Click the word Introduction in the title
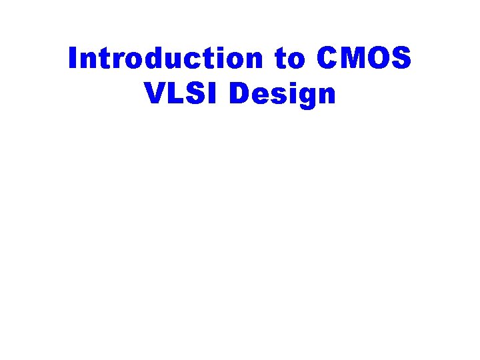click(x=166, y=59)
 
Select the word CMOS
click(x=364, y=59)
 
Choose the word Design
click(x=282, y=95)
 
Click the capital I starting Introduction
click(x=73, y=59)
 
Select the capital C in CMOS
click(x=329, y=59)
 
